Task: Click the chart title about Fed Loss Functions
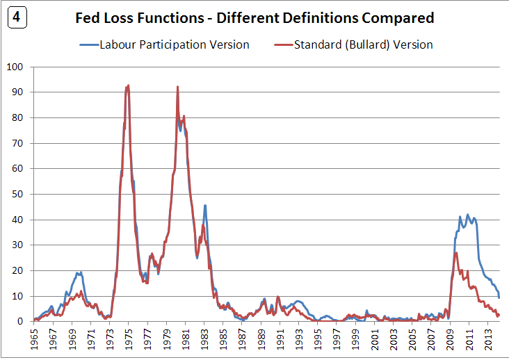coord(255,18)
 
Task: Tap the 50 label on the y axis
coord(17,195)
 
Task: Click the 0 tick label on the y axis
coord(21,322)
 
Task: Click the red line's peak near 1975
coord(128,85)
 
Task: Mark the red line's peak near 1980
coord(178,87)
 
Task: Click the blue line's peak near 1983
coord(205,205)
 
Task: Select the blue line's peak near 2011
coord(467,215)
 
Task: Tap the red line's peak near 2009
coord(456,252)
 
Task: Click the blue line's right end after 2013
coord(499,297)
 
